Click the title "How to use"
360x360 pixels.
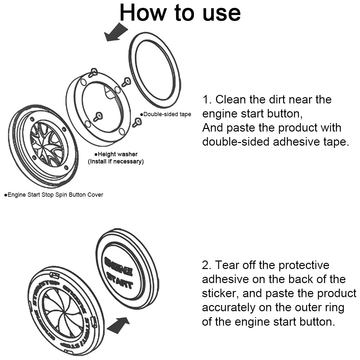pos(180,13)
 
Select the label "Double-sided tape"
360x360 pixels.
pos(167,114)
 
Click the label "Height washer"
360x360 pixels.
pos(117,154)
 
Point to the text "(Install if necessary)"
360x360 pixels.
pos(116,161)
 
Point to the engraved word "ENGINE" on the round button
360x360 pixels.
pos(118,266)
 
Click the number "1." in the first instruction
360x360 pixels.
pos(207,99)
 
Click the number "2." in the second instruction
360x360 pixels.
pos(207,265)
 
